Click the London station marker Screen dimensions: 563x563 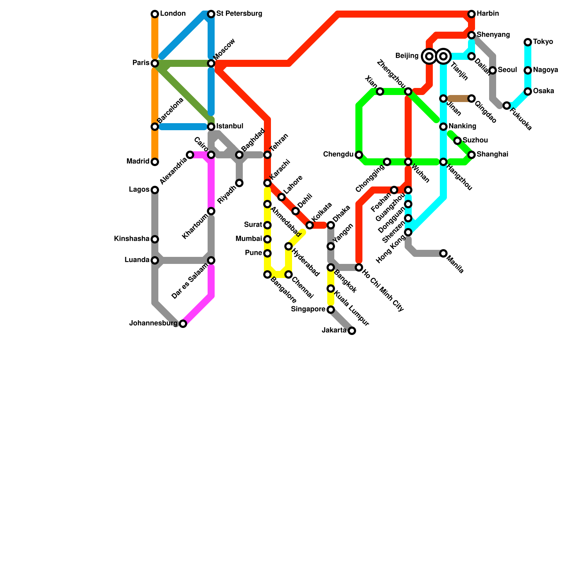point(155,14)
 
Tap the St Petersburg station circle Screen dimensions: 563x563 point(211,14)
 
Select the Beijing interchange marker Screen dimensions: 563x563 point(429,56)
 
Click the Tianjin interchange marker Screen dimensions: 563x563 point(444,56)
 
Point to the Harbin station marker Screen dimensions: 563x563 point(472,14)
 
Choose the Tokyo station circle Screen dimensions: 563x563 point(528,42)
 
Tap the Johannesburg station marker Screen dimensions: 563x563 point(183,324)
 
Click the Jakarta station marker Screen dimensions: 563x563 point(352,331)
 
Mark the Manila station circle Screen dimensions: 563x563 point(443,253)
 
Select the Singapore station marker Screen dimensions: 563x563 point(331,310)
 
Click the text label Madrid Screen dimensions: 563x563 point(138,162)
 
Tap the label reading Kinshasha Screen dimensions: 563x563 point(132,239)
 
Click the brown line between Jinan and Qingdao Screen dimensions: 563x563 point(457,99)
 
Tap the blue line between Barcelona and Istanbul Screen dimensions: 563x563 point(183,127)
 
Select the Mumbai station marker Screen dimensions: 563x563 point(267,239)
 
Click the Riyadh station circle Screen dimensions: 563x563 point(239,183)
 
